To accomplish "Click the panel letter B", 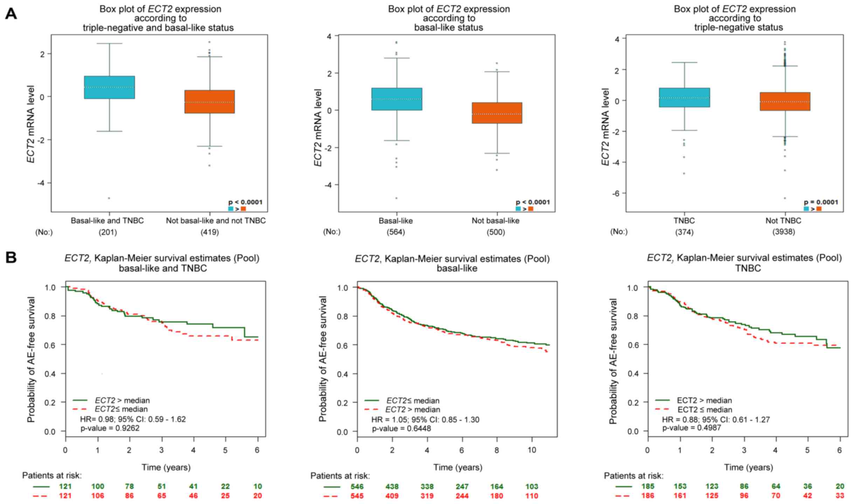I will pyautogui.click(x=11, y=258).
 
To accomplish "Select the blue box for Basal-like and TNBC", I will pyautogui.click(x=109, y=87).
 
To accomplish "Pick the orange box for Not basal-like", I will pyautogui.click(x=497, y=113).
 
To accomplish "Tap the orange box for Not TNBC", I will pyautogui.click(x=785, y=101).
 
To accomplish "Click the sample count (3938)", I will pyautogui.click(x=784, y=232).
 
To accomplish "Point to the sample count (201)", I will pyautogui.click(x=108, y=232).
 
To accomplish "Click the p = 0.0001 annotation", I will pyautogui.click(x=821, y=202).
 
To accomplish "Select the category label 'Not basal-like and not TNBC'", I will pyautogui.click(x=215, y=221).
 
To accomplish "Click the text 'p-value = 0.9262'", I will pyautogui.click(x=110, y=428).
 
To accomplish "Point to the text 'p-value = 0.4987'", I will pyautogui.click(x=691, y=428).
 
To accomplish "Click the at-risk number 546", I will pyautogui.click(x=357, y=486).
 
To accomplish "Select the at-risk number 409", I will pyautogui.click(x=392, y=496).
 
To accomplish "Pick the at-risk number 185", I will pyautogui.click(x=647, y=486).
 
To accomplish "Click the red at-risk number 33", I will pyautogui.click(x=840, y=496).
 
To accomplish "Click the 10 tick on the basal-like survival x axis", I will pyautogui.click(x=532, y=450).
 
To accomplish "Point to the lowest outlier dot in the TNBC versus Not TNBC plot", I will pyautogui.click(x=785, y=198).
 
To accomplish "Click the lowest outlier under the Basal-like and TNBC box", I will pyautogui.click(x=109, y=198).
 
